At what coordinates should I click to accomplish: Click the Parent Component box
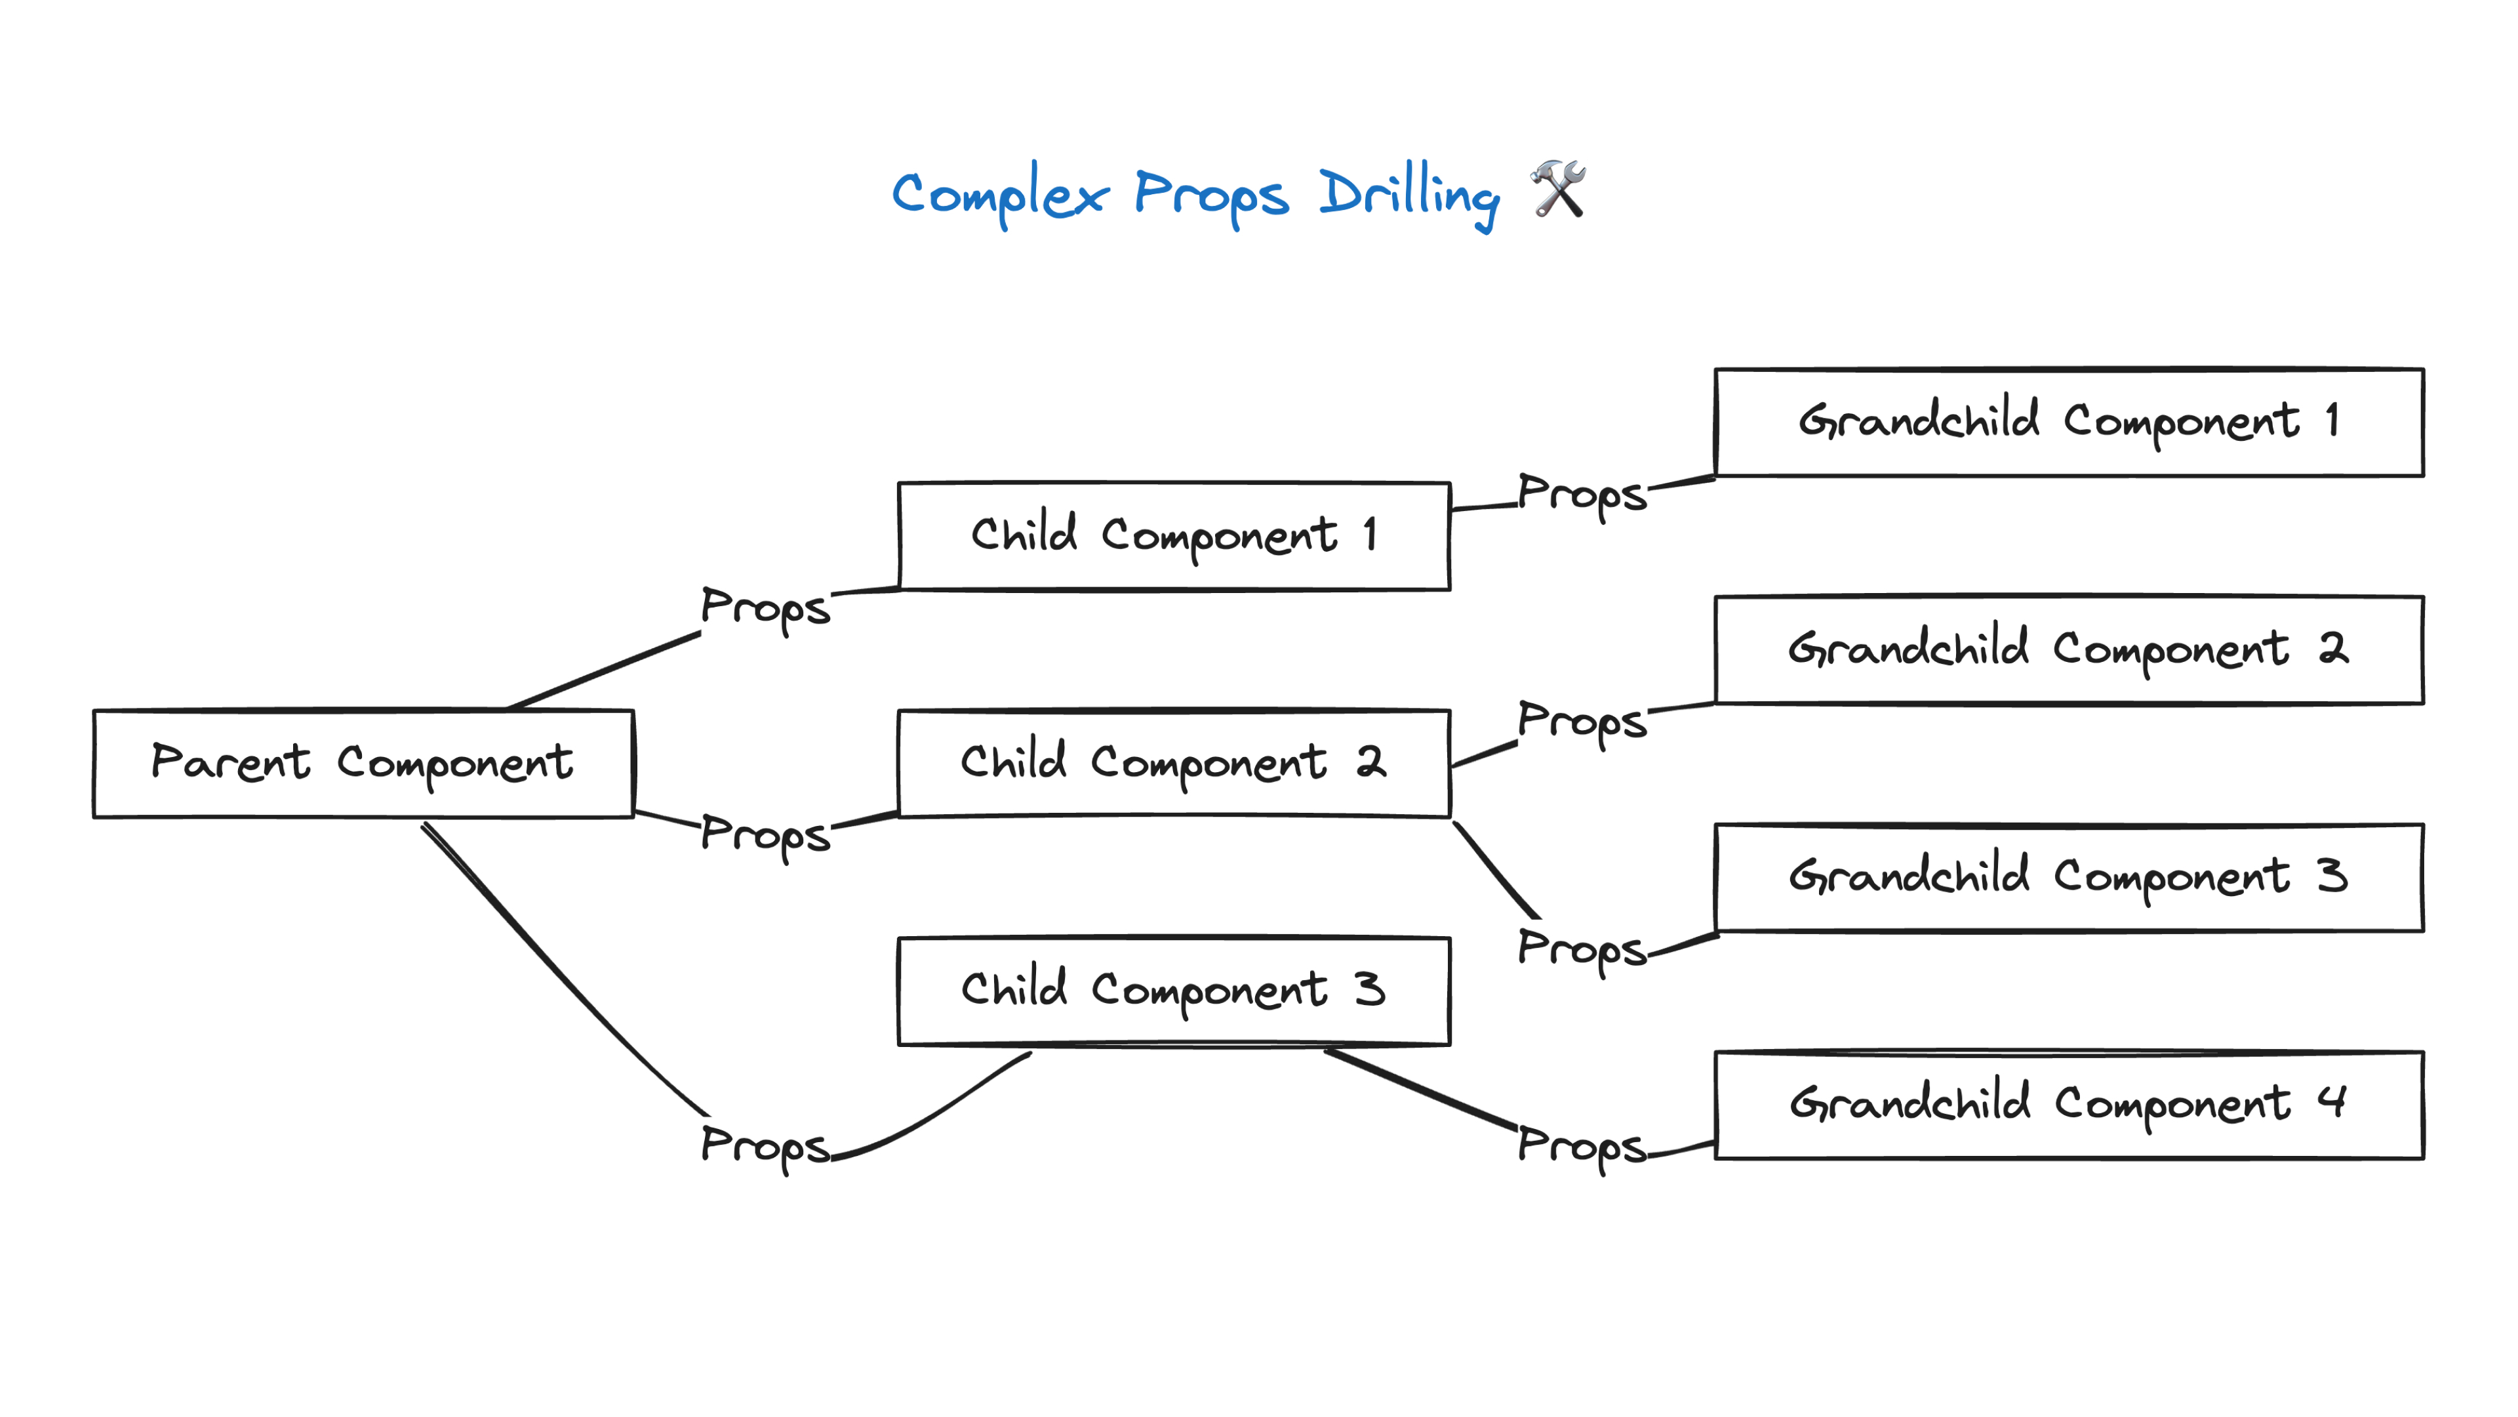click(363, 763)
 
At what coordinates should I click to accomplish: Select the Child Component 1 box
click(1173, 536)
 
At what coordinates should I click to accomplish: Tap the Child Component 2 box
click(1173, 763)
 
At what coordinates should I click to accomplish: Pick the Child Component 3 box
click(1173, 991)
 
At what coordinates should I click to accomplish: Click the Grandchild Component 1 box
click(2068, 422)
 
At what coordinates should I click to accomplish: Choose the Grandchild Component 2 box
click(2068, 649)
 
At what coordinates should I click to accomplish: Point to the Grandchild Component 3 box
click(2068, 877)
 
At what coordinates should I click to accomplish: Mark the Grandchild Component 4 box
click(2068, 1105)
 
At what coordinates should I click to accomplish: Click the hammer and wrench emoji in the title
click(1558, 189)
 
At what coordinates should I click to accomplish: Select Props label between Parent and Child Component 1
click(765, 607)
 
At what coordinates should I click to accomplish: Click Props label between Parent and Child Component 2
click(765, 835)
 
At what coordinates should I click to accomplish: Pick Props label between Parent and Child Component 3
click(765, 1145)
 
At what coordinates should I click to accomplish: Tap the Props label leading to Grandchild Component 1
click(1582, 494)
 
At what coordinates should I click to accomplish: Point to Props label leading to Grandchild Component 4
click(1582, 1145)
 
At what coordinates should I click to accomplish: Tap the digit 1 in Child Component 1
click(1370, 534)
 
